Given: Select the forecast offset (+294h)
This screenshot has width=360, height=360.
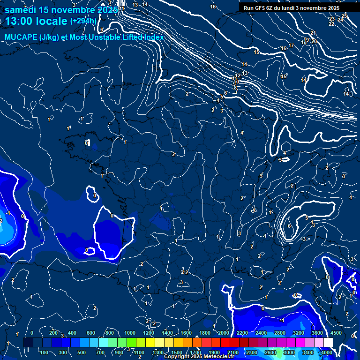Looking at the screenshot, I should [x=83, y=21].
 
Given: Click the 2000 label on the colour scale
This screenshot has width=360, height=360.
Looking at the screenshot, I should [x=224, y=333].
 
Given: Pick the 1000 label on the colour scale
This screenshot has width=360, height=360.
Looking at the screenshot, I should [x=130, y=333].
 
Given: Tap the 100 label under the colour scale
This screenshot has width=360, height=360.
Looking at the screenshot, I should [x=44, y=352].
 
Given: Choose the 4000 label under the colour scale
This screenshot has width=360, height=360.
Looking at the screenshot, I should [x=327, y=352].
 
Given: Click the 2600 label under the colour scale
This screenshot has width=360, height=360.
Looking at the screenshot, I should [x=270, y=352].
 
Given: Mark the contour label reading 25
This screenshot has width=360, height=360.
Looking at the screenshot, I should [x=344, y=16].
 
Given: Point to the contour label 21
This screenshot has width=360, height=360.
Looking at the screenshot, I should [x=313, y=33].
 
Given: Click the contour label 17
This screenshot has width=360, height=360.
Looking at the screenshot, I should [x=291, y=45].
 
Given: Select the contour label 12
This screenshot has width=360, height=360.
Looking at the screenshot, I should [x=238, y=75].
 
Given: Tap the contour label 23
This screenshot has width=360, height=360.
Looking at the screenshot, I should [x=332, y=19].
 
